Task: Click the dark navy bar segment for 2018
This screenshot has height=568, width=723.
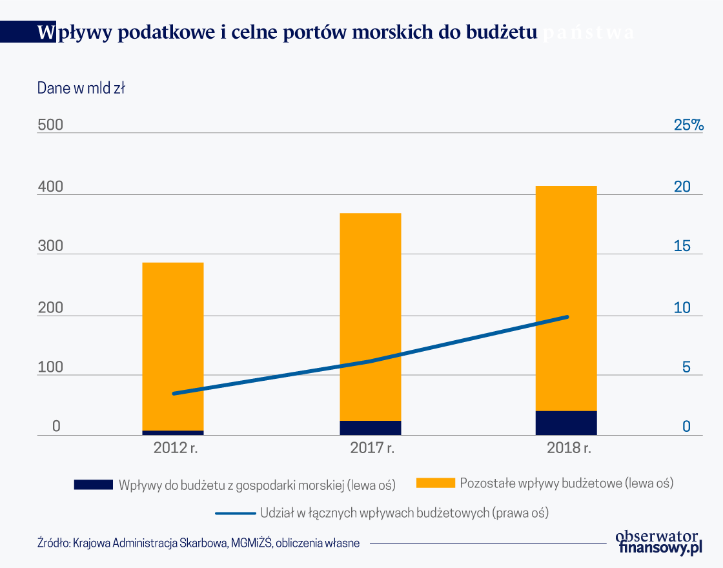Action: coord(565,423)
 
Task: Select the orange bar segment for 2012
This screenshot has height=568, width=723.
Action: coord(172,346)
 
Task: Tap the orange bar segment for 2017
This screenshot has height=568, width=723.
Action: coord(371,316)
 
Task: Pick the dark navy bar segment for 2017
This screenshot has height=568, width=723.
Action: coord(371,428)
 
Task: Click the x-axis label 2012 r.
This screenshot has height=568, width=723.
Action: coord(176,448)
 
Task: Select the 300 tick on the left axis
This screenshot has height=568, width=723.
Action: coord(50,247)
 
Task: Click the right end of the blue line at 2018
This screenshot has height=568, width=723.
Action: coord(567,317)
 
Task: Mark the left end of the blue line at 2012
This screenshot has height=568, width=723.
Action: coord(174,393)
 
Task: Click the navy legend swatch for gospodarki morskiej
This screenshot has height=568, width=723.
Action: coord(94,484)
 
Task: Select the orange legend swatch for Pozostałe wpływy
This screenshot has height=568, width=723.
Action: coord(435,483)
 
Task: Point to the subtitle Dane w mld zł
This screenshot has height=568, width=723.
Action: coord(81,88)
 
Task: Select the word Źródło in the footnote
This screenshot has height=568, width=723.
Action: coord(54,543)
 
